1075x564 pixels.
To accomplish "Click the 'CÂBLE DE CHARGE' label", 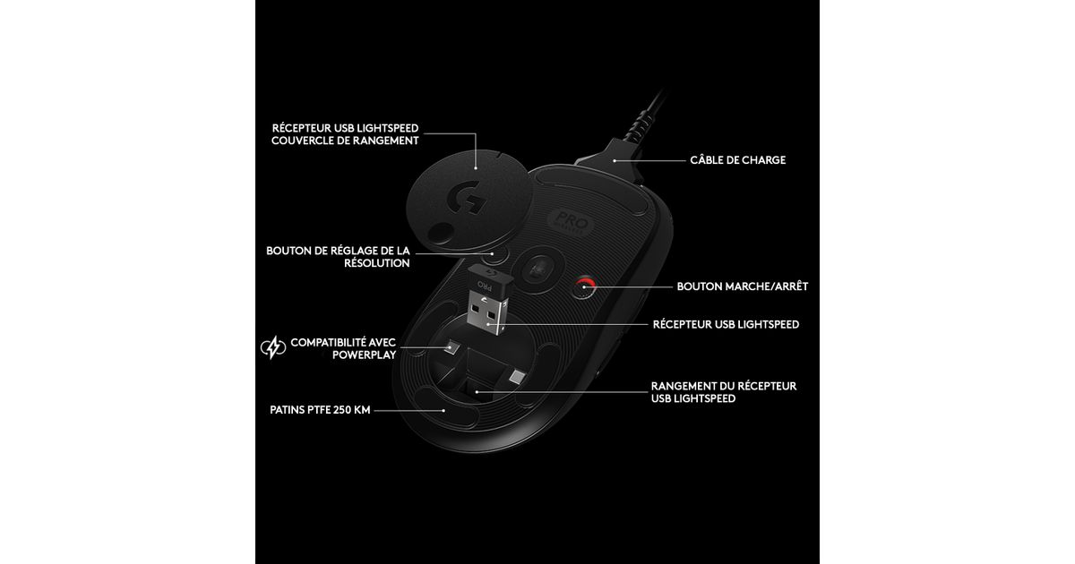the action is pyautogui.click(x=737, y=159).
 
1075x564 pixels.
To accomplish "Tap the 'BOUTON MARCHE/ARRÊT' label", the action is pyautogui.click(x=743, y=286).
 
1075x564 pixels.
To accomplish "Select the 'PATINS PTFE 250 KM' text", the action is pyautogui.click(x=320, y=410).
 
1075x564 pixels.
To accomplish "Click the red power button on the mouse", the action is pyautogui.click(x=585, y=287).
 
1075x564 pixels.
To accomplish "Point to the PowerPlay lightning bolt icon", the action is pyautogui.click(x=273, y=347).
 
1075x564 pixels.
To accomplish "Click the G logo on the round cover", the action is pyautogui.click(x=466, y=197).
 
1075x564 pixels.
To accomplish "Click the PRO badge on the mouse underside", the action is pyautogui.click(x=571, y=223).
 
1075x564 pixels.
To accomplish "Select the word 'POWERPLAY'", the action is pyautogui.click(x=365, y=355).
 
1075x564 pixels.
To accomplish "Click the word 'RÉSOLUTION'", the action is pyautogui.click(x=377, y=263).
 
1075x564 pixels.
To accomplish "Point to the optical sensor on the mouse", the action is pyautogui.click(x=538, y=269).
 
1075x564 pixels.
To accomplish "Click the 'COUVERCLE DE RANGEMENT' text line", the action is pyautogui.click(x=345, y=141).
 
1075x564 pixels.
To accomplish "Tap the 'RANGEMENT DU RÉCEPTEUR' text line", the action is pyautogui.click(x=724, y=386).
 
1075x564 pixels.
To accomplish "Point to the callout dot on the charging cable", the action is pyautogui.click(x=615, y=160).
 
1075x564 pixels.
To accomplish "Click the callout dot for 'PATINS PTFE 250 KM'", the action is pyautogui.click(x=443, y=411).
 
